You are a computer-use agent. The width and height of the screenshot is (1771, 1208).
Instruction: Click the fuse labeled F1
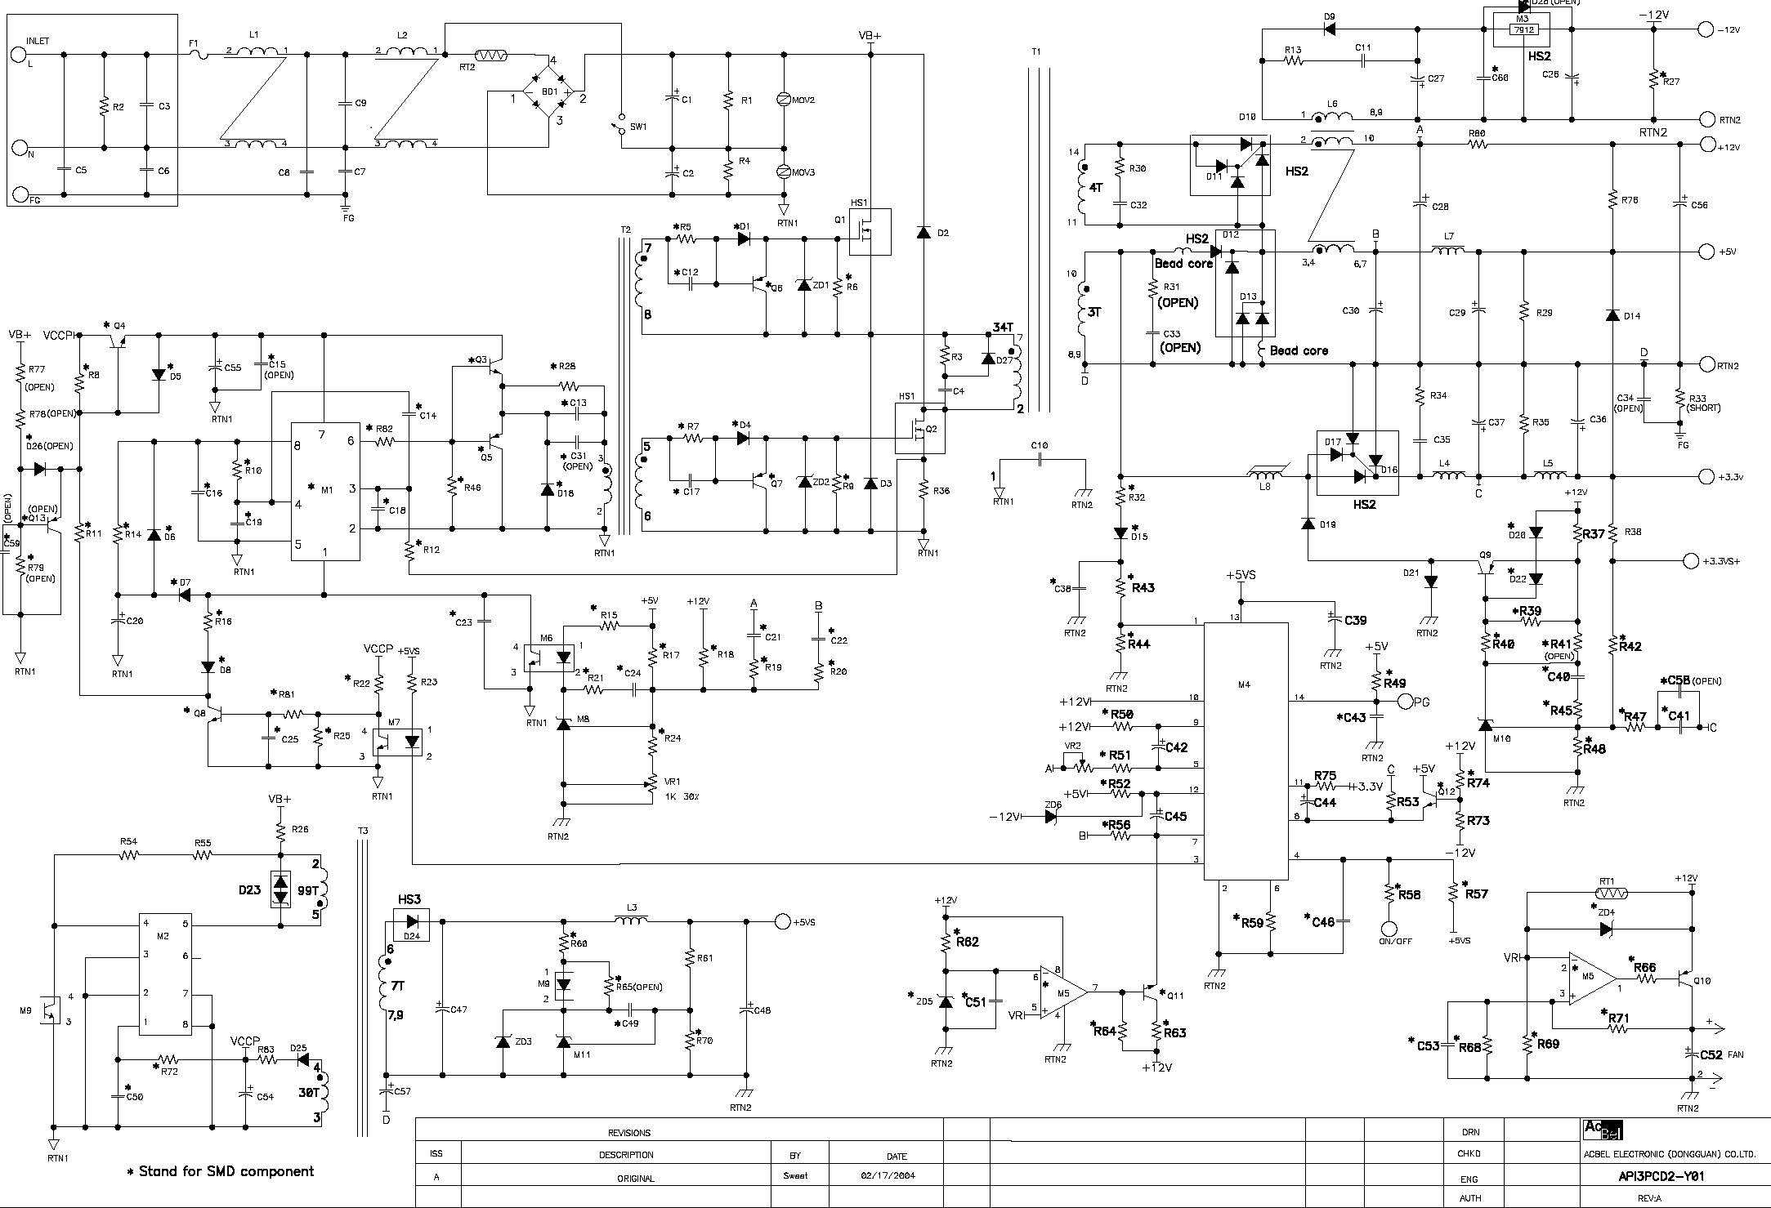point(199,55)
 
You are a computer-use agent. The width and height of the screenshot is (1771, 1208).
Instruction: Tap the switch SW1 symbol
point(619,127)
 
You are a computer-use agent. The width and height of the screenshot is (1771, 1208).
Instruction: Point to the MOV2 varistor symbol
point(784,99)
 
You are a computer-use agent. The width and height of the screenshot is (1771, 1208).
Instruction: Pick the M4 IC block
point(1246,751)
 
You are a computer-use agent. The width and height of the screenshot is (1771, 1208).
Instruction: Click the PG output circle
point(1406,701)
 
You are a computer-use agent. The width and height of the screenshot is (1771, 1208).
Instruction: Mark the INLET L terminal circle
point(18,55)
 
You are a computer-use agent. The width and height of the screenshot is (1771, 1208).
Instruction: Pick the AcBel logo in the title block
point(1603,1130)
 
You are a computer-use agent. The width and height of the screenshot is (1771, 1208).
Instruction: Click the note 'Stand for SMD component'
point(220,1171)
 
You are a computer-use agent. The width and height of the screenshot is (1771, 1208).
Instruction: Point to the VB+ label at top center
point(870,36)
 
